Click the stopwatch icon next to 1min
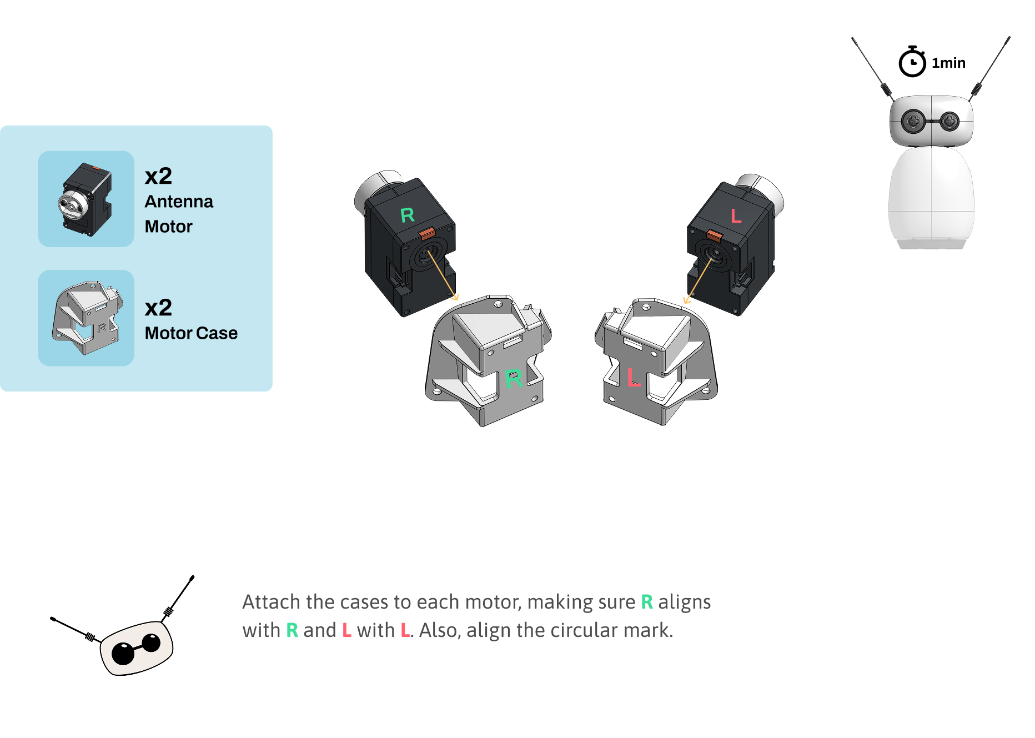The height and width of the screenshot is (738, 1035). [912, 62]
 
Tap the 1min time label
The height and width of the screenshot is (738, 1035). [948, 63]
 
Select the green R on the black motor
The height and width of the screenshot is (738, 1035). [407, 215]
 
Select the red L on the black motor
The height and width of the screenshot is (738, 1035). [736, 215]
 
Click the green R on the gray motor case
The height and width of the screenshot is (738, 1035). [514, 379]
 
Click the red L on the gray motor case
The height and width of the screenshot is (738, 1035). [634, 377]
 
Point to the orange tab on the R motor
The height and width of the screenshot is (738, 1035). [427, 233]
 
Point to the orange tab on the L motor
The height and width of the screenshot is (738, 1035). [714, 235]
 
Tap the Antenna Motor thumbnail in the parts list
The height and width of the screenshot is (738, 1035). [86, 199]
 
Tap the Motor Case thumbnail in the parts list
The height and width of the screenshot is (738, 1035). [86, 318]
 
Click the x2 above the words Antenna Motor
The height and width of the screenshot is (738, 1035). [158, 177]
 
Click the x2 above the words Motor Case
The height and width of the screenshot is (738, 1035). [158, 308]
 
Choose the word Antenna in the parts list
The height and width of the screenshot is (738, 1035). [179, 202]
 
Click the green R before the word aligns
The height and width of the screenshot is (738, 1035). [647, 602]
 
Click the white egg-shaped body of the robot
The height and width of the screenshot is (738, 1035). [931, 194]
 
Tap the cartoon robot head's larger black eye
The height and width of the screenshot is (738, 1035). [123, 653]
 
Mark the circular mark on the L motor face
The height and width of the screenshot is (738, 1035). [713, 255]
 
